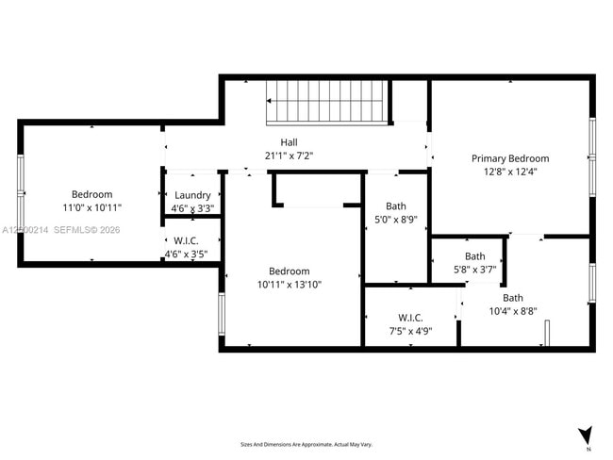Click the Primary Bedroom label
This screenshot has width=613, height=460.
(x=509, y=158)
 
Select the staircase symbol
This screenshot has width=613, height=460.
(x=327, y=101)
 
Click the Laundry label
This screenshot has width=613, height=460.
(x=192, y=195)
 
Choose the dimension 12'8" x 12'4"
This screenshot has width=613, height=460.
(x=509, y=172)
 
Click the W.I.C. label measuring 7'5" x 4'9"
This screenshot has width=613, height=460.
(x=410, y=318)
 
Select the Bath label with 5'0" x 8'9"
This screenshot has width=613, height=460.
(x=396, y=205)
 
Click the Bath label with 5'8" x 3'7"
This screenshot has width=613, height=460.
(x=475, y=255)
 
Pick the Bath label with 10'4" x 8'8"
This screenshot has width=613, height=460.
(x=513, y=298)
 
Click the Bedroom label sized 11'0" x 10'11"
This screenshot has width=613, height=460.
(x=92, y=194)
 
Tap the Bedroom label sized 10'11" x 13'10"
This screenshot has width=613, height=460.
(x=290, y=271)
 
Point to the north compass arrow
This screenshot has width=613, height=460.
(x=586, y=436)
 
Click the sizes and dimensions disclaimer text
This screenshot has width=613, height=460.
(x=306, y=444)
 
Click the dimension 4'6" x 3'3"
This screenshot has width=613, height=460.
(x=192, y=208)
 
